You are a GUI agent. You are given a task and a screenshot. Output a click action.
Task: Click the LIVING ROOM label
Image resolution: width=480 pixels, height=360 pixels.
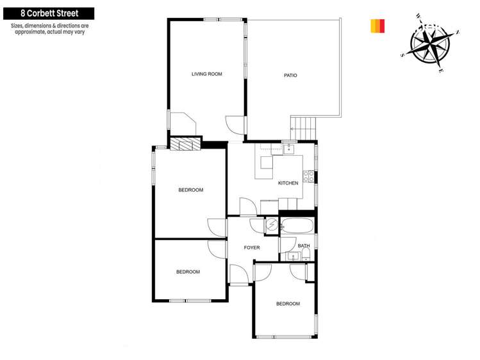pyautogui.click(x=206, y=74)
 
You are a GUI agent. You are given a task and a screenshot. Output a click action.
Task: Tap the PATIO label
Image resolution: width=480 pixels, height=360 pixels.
pyautogui.click(x=290, y=76)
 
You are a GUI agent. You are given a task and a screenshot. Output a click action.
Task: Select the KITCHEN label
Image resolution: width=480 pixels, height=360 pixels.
pyautogui.click(x=288, y=183)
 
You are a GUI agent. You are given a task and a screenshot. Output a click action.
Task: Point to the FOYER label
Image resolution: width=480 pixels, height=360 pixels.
pyautogui.click(x=252, y=247)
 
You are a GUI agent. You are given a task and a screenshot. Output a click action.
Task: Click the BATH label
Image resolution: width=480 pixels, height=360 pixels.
pyautogui.click(x=304, y=245)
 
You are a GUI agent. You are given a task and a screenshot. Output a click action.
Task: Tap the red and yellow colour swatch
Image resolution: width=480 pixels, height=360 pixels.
pyautogui.click(x=377, y=26)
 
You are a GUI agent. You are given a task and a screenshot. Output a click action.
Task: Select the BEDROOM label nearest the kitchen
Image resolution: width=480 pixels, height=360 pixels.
pyautogui.click(x=190, y=190)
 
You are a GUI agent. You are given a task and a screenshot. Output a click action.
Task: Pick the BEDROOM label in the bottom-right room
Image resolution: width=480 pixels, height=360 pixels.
pyautogui.click(x=288, y=304)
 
